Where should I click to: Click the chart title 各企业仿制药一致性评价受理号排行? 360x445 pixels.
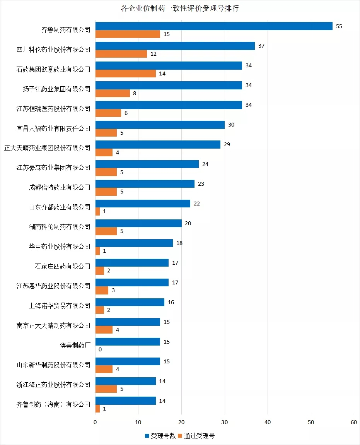click(x=180, y=9)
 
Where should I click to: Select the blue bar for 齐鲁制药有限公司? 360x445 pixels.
click(x=214, y=26)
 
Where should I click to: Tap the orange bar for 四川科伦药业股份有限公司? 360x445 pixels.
click(x=121, y=54)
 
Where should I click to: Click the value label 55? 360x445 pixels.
click(x=340, y=26)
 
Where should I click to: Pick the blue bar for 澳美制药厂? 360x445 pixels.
click(x=128, y=342)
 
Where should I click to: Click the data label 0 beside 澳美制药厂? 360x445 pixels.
click(x=100, y=349)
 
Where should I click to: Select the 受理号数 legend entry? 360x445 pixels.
click(x=160, y=436)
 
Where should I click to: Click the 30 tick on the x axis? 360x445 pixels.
click(x=225, y=423)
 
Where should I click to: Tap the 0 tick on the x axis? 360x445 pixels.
click(x=96, y=423)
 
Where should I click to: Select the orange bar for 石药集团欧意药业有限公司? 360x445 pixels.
click(x=125, y=74)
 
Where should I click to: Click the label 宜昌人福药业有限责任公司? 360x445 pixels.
click(x=55, y=128)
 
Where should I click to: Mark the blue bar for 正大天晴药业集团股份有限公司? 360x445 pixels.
click(x=158, y=144)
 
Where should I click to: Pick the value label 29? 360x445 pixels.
click(x=227, y=144)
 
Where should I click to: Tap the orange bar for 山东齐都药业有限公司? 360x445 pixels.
click(x=97, y=211)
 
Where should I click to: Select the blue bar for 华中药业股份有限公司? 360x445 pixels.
click(x=134, y=243)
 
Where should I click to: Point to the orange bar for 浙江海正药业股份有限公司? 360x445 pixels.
click(x=106, y=389)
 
